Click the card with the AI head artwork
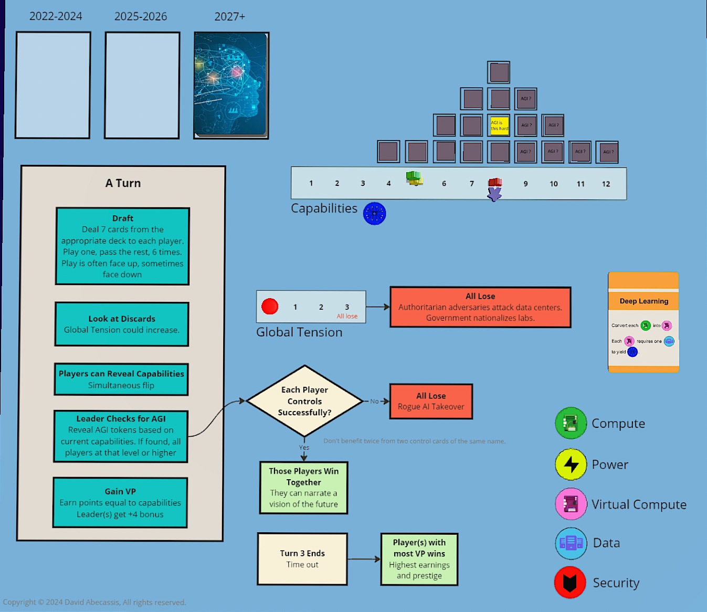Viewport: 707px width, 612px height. (231, 85)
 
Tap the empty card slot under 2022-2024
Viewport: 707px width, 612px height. (53, 85)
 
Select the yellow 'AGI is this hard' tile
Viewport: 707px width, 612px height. (499, 125)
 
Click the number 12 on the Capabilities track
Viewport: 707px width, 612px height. (606, 184)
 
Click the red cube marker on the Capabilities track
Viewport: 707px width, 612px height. (495, 183)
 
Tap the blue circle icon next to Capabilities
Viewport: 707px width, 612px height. (375, 214)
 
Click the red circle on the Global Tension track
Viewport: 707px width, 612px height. (270, 306)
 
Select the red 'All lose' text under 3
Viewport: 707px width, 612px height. (347, 316)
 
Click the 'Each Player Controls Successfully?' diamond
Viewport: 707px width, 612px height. (304, 401)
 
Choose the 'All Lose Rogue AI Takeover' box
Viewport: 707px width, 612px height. (431, 402)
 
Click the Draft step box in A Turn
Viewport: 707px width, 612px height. (122, 246)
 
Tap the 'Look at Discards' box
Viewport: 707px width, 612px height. (122, 324)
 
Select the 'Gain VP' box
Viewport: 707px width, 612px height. (120, 502)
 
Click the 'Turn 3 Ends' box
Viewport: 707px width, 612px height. (302, 559)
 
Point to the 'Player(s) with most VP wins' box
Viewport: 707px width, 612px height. (419, 559)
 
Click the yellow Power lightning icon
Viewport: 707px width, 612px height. (571, 465)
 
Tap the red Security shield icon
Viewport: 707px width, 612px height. (570, 583)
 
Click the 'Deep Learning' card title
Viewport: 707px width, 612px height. (643, 301)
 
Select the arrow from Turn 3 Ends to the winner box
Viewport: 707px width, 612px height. (364, 559)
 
